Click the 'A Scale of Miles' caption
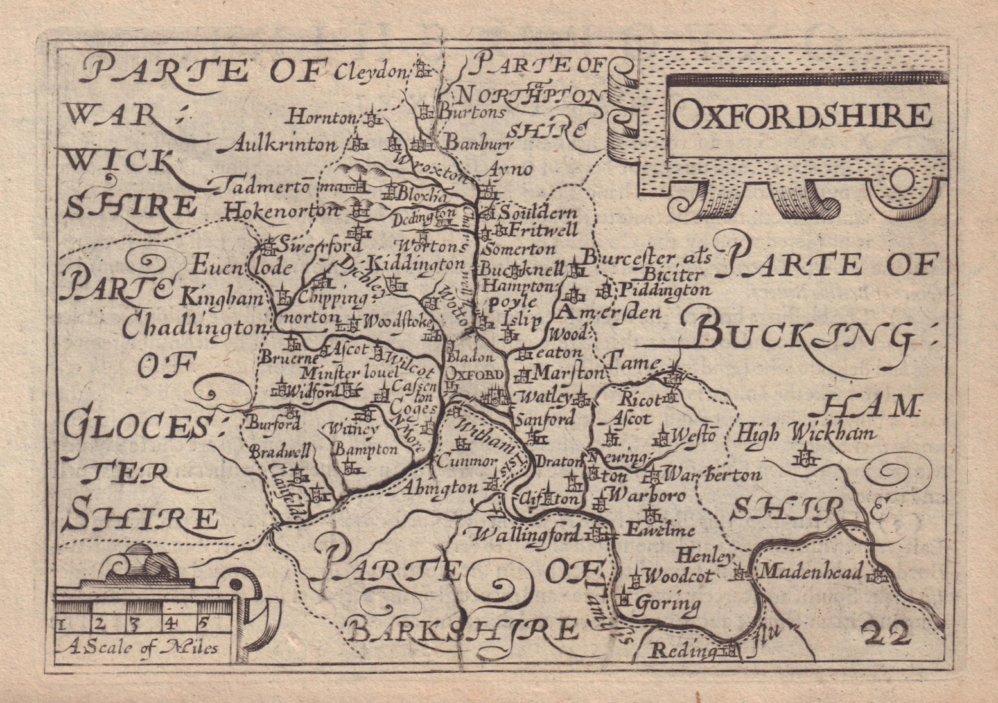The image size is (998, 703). [x=137, y=647]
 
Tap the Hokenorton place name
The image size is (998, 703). [x=282, y=209]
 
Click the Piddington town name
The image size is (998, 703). [x=664, y=290]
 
